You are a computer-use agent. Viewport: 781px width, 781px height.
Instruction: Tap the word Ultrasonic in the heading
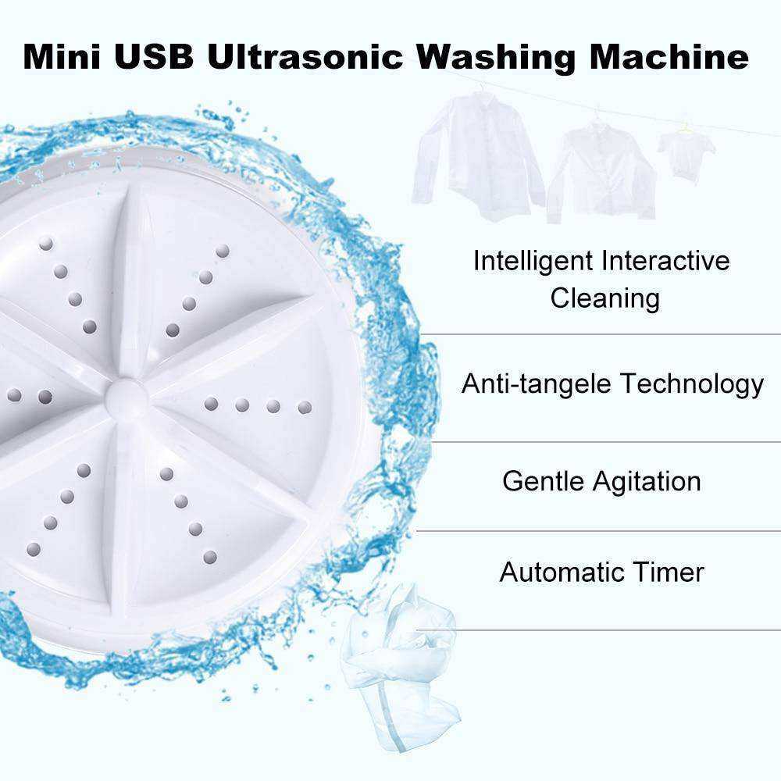[x=305, y=56]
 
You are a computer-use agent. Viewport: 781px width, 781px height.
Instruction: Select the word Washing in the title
[x=496, y=58]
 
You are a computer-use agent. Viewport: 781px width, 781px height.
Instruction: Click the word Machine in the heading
[x=669, y=56]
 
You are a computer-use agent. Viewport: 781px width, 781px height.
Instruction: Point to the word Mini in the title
[x=62, y=56]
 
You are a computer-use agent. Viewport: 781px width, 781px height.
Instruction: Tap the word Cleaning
[x=604, y=298]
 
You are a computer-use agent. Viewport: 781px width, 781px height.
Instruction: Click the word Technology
[x=692, y=384]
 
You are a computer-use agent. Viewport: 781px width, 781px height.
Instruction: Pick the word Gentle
[x=543, y=482]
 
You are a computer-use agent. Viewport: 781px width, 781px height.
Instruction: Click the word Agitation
[x=647, y=482]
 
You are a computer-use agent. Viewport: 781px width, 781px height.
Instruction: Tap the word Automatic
[x=560, y=572]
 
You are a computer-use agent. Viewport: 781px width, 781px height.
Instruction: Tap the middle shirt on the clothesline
[x=601, y=171]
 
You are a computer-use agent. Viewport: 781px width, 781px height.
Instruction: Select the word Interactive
[x=665, y=261]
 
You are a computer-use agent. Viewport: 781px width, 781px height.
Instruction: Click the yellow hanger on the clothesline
[x=686, y=129]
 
